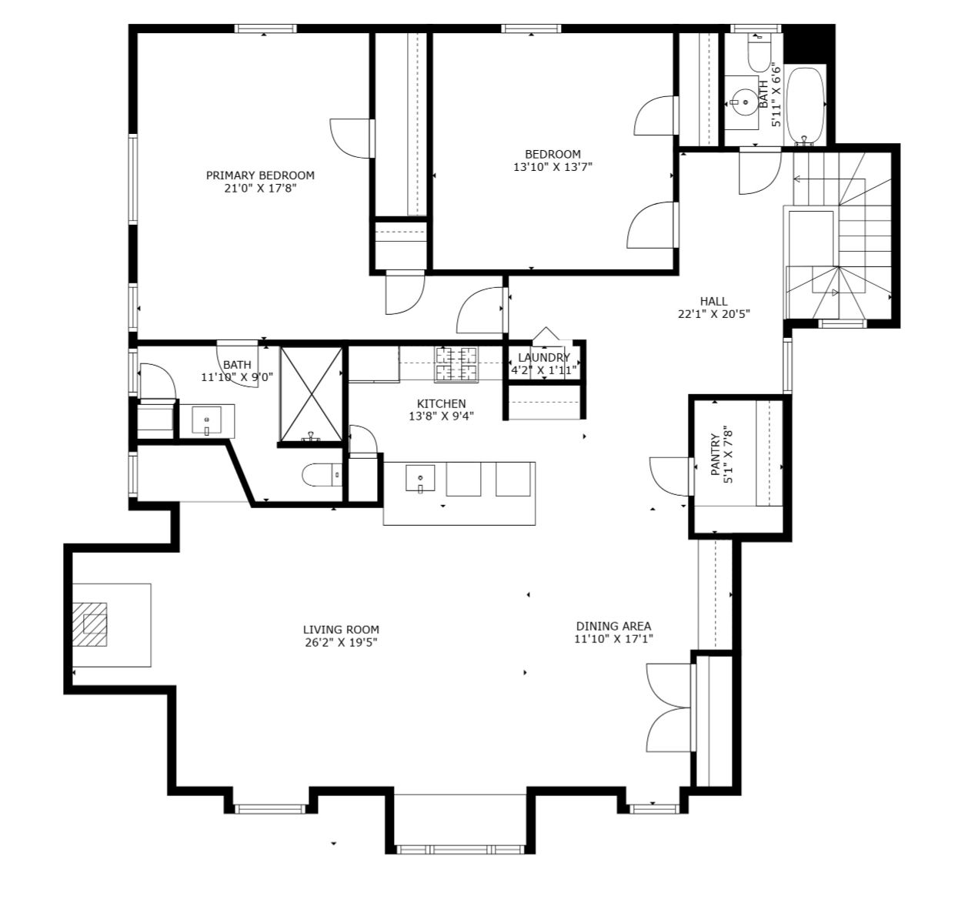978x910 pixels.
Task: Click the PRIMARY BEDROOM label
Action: click(260, 175)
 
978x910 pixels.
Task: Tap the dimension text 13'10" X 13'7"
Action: click(552, 167)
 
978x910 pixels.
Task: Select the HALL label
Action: click(713, 301)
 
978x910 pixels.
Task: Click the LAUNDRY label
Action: click(544, 357)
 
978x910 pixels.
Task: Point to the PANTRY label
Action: click(716, 454)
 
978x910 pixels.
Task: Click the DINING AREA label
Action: click(613, 626)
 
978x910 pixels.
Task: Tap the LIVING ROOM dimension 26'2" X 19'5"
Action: click(342, 642)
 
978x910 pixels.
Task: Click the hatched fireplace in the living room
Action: click(89, 624)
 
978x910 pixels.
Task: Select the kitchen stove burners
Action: click(456, 364)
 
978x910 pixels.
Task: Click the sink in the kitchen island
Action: click(420, 478)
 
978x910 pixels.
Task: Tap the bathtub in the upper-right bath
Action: click(805, 106)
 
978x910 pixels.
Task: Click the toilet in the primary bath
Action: click(322, 475)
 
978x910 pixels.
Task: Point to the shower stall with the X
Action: click(311, 394)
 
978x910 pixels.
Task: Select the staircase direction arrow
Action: click(829, 179)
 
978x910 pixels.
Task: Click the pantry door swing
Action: click(671, 477)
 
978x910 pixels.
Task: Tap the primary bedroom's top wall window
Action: click(265, 28)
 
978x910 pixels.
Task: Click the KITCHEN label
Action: click(441, 403)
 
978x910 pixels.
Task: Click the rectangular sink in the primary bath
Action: click(206, 420)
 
